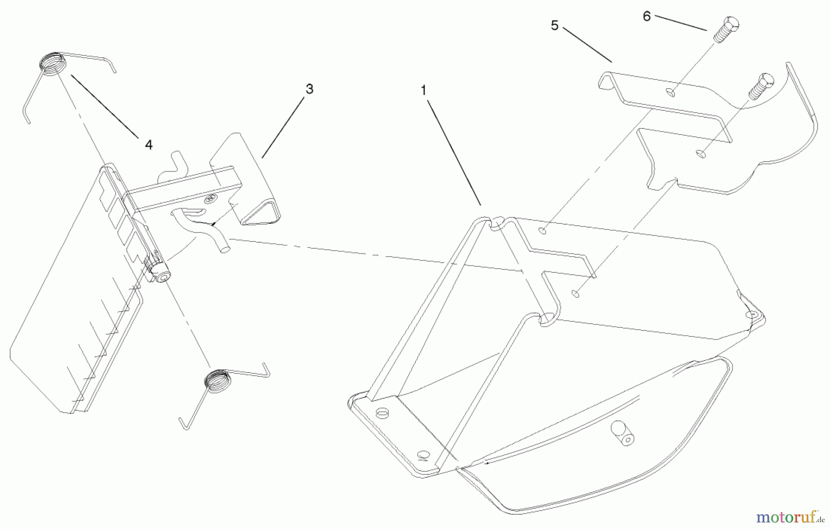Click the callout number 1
(424, 90)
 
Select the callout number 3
(309, 89)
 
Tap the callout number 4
(148, 145)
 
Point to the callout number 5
(555, 26)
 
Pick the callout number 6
(646, 17)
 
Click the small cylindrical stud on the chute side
(621, 433)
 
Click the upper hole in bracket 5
(671, 93)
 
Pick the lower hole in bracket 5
(700, 154)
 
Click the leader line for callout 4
(104, 105)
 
